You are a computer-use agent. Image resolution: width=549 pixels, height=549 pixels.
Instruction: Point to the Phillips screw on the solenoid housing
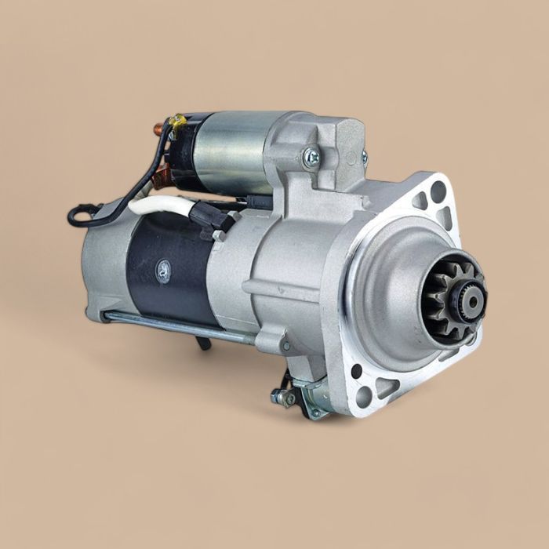tap(311, 157)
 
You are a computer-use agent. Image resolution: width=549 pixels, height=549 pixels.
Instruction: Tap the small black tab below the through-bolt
tap(204, 342)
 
